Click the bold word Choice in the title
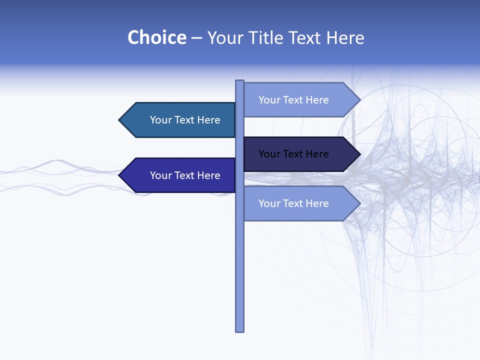(156, 37)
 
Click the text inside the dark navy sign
(293, 154)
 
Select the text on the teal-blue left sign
(185, 120)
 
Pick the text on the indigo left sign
(185, 175)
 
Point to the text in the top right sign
(293, 100)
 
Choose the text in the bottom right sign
(293, 203)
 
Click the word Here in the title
(345, 37)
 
